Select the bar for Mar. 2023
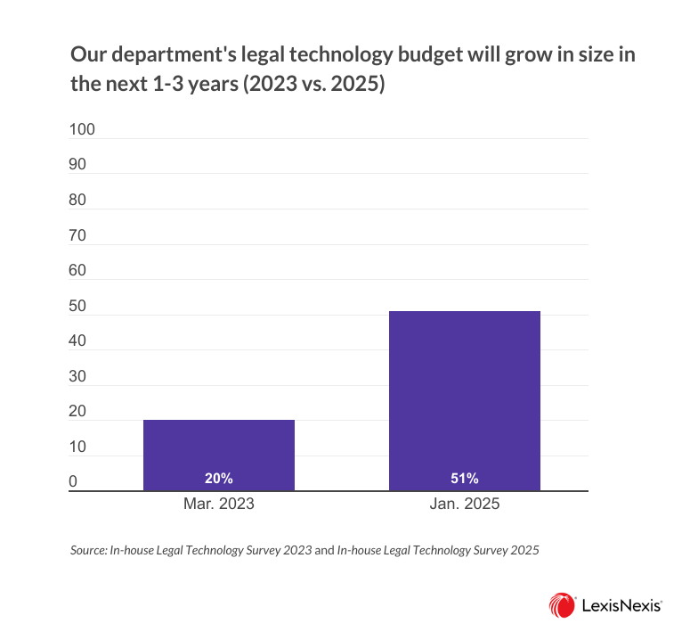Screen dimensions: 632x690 coord(218,455)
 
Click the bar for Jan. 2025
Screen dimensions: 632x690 coord(465,400)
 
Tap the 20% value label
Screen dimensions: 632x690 coord(218,479)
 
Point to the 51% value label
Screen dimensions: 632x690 coord(465,479)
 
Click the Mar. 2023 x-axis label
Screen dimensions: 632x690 coord(218,505)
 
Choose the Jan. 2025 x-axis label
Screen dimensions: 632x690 coord(465,505)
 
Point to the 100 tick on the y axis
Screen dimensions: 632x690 coord(82,130)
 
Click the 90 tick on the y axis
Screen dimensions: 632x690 coord(78,165)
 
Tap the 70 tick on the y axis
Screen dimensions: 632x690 coord(78,236)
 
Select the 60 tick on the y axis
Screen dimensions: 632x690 coord(78,271)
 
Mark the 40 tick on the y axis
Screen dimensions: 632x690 coord(78,341)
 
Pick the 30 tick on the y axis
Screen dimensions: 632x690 coord(78,377)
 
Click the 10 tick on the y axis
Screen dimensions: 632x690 coord(78,447)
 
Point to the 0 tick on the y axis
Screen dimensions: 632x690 coord(75,482)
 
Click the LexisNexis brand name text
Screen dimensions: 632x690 coord(621,605)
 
